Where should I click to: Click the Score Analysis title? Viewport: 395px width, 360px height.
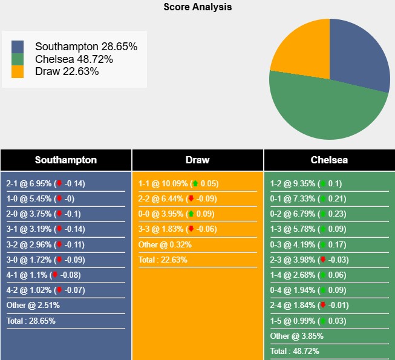click(x=197, y=7)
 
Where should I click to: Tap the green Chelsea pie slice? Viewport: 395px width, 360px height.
click(x=327, y=112)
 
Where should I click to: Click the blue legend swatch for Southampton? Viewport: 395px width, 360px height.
click(x=18, y=47)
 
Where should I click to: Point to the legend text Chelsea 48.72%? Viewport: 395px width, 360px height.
click(x=74, y=59)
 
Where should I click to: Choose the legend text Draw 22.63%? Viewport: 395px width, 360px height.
click(x=67, y=71)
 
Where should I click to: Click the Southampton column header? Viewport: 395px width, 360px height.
click(x=65, y=160)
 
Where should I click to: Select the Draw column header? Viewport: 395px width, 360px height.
click(x=197, y=160)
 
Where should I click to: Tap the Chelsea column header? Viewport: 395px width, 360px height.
click(x=329, y=160)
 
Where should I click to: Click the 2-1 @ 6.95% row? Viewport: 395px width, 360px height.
click(x=46, y=183)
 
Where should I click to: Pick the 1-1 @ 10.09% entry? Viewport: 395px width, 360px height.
click(x=178, y=183)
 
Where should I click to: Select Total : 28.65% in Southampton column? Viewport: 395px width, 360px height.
click(x=31, y=321)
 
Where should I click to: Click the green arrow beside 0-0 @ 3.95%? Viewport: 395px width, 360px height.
click(x=191, y=214)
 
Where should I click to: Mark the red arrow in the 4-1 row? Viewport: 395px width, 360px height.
click(x=55, y=275)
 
